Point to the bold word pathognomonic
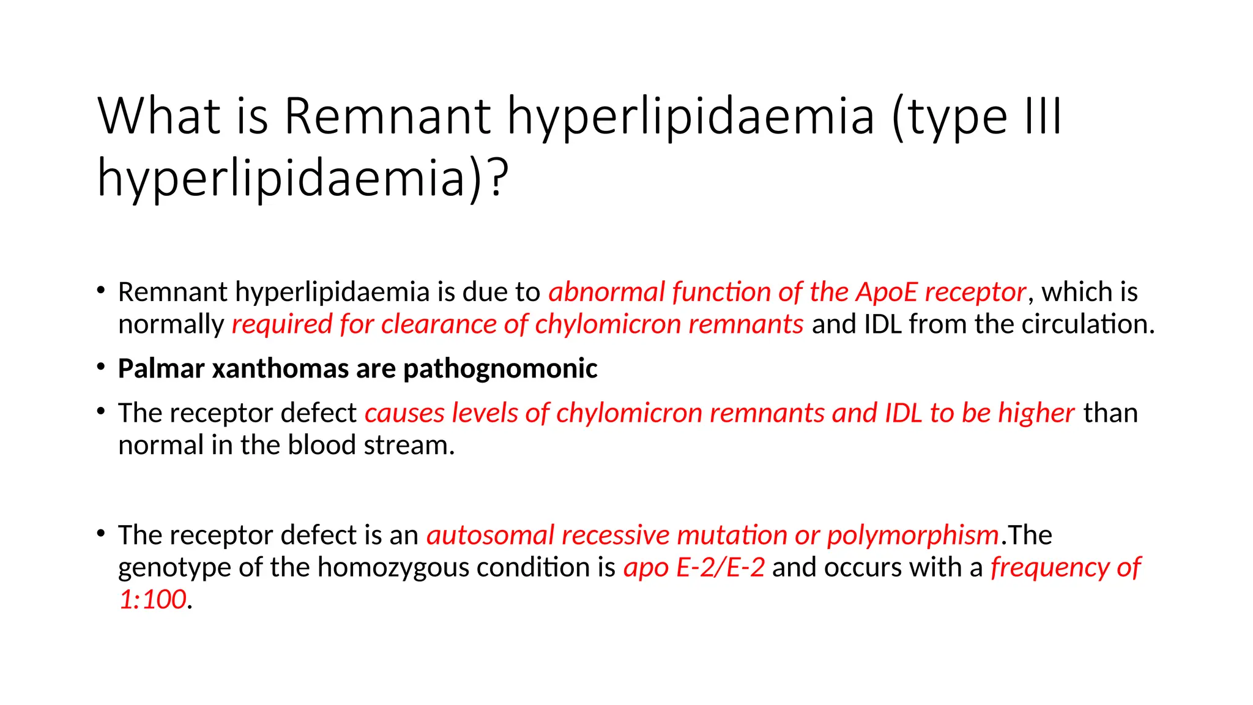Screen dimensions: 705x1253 click(x=500, y=369)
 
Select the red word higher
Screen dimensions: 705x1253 click(x=1036, y=413)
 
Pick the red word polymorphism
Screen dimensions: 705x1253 click(x=913, y=535)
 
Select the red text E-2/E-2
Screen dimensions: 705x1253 click(x=721, y=568)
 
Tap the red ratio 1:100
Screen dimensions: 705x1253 click(x=152, y=600)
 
